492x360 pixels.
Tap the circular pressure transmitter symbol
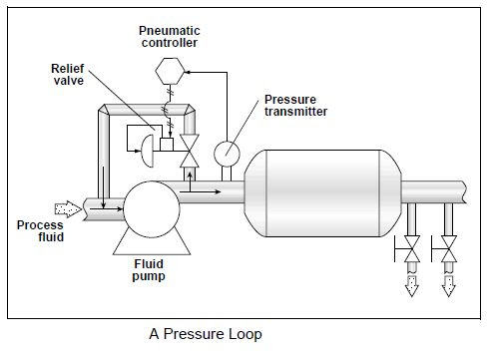click(x=227, y=151)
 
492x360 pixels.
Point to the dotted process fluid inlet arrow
click(x=67, y=209)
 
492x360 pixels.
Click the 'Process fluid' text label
click(x=40, y=231)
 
